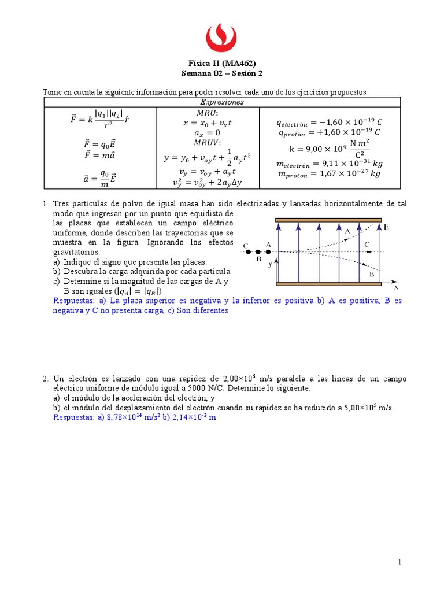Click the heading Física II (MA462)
222,64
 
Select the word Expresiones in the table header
222,102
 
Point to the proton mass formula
330,173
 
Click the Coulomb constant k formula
329,148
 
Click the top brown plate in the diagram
328,220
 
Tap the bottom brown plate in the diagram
328,284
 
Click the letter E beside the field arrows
386,227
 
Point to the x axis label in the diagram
396,286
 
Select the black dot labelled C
247,252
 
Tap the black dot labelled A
268,252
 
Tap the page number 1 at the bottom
399,562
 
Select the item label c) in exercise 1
56,281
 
